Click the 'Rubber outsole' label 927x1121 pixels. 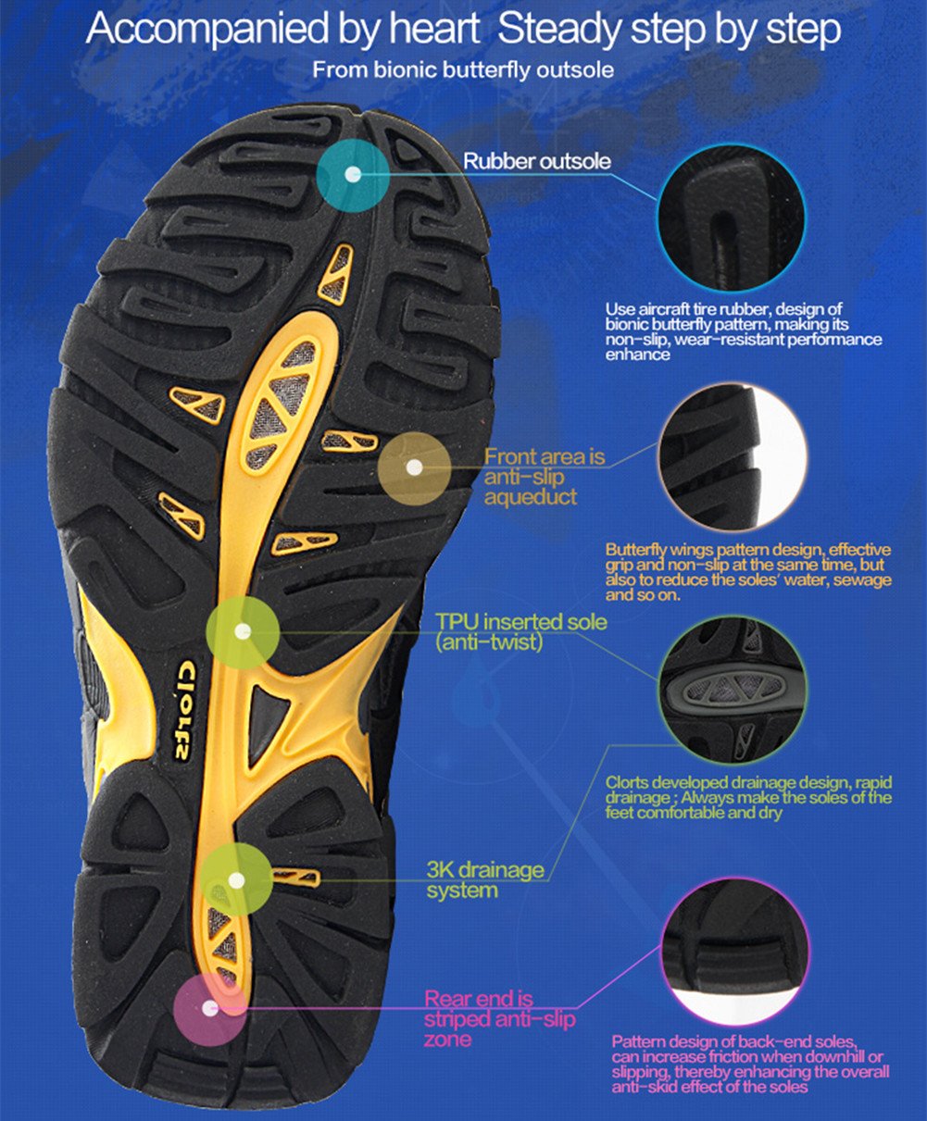537,162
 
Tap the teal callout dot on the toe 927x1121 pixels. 352,174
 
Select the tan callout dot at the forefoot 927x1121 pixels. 414,467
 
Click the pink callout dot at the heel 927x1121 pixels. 210,1010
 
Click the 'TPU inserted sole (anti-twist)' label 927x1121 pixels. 521,630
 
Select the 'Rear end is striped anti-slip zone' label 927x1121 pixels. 499,1019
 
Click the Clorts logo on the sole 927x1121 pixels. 185,709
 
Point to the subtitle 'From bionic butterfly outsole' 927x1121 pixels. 462,70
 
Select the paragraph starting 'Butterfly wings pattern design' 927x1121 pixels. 748,572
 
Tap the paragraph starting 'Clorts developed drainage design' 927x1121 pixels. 748,797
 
